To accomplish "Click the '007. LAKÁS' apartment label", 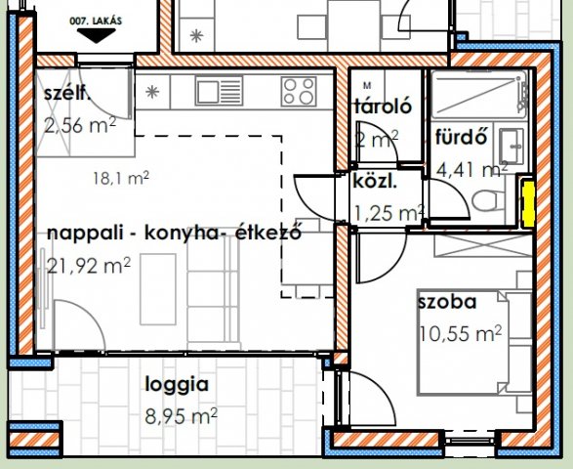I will point(95,19).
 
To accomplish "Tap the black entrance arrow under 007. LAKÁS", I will point(96,36).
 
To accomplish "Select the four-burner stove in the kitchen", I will point(303,93).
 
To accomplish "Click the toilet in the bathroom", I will point(484,201).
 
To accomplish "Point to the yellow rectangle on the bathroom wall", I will point(527,201).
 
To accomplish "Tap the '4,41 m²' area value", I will point(472,168).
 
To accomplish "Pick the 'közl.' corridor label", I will point(375,181).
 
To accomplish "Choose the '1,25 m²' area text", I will point(387,212).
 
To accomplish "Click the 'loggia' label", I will point(177,384).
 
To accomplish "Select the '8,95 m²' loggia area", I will point(181,416).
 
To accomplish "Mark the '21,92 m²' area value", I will point(89,264).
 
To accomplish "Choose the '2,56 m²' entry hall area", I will point(80,124).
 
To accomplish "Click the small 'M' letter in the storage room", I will point(366,85).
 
